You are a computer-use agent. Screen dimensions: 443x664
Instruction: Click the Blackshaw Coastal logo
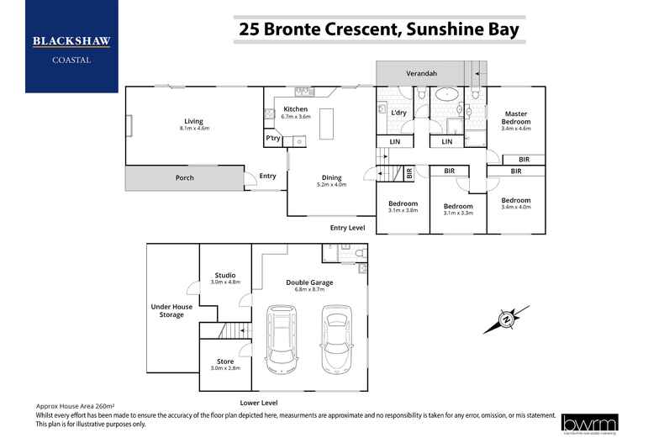coord(71,47)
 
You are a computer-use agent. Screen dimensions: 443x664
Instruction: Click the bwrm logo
coord(591,423)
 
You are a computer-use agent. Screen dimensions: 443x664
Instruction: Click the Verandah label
coord(422,74)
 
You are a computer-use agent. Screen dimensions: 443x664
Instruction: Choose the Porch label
coord(184,177)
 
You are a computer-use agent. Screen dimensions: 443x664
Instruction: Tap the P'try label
coord(272,138)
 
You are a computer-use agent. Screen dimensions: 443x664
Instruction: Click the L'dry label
coord(399,113)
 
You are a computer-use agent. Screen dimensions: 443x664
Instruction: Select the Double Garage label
coord(308,282)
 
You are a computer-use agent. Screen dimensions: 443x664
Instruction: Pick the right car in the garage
coord(335,335)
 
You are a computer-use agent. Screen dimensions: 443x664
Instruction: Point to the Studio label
coord(224,275)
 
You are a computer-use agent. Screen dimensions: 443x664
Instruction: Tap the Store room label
coord(224,362)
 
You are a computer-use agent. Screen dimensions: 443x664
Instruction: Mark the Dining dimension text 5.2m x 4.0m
coord(331,185)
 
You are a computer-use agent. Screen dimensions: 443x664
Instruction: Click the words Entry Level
coord(347,227)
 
